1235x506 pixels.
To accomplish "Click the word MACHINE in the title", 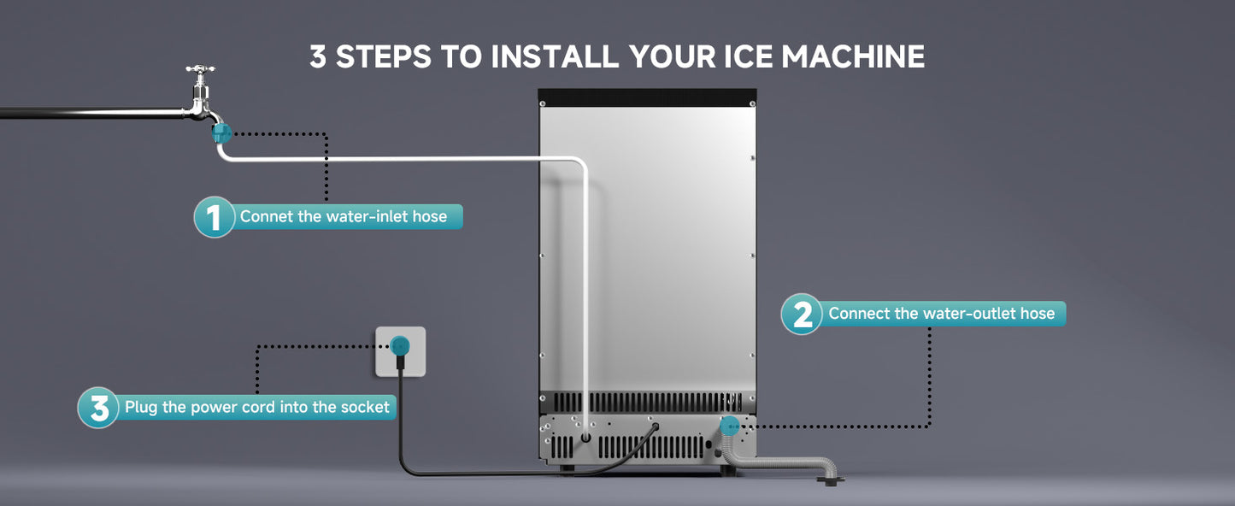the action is pos(853,56).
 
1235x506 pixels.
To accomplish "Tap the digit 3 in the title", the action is pos(318,56).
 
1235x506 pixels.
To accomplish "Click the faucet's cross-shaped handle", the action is pos(200,69).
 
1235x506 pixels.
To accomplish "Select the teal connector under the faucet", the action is pos(221,132).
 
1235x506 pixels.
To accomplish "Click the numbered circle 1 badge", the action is pos(214,217).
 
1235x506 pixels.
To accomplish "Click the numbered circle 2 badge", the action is pos(801,314).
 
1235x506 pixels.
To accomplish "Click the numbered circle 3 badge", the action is pos(98,408).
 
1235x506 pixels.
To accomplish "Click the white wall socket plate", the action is pos(400,351).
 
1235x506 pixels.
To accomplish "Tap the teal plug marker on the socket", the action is pos(400,345).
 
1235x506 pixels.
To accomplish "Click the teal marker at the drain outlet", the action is pos(729,426).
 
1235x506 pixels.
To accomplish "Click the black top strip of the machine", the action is pos(647,97).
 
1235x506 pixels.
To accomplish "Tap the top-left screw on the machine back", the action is pos(543,103).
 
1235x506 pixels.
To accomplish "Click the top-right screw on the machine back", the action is pos(753,103).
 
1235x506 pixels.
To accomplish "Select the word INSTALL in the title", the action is pos(555,56).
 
